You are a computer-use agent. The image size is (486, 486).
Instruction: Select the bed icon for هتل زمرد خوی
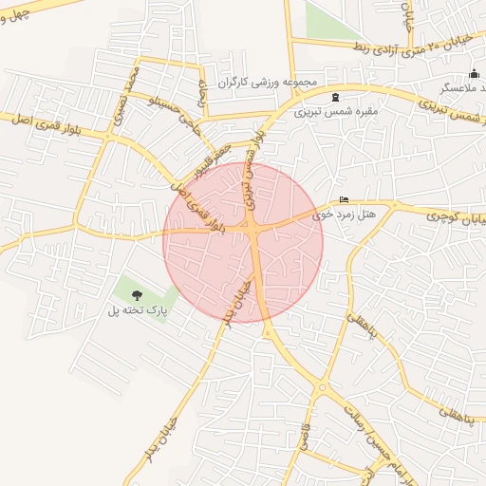point(344,199)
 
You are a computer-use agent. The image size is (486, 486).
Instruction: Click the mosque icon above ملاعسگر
point(474,74)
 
